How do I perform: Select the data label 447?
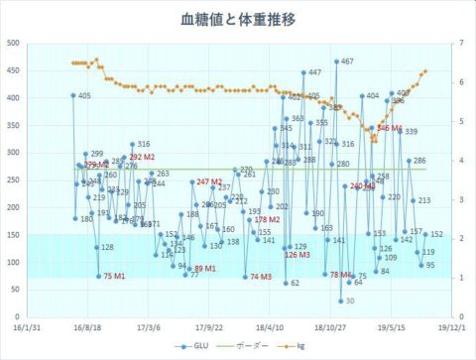(x=314, y=72)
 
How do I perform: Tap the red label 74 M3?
(x=261, y=278)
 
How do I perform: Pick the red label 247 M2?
(x=209, y=181)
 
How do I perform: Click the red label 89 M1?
(x=204, y=269)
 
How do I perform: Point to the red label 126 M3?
(x=297, y=255)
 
